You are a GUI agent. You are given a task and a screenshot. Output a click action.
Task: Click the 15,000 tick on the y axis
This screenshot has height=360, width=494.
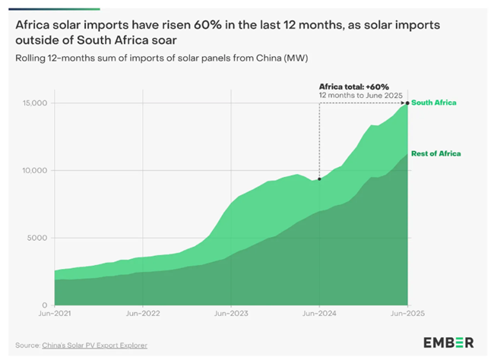pyautogui.click(x=35, y=103)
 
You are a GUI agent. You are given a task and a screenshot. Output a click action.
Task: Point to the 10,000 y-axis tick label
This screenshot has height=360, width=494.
pyautogui.click(x=35, y=171)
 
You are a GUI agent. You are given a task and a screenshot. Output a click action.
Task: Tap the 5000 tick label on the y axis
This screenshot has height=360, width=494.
pyautogui.click(x=38, y=238)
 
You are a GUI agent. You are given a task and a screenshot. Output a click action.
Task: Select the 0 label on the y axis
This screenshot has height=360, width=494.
pyautogui.click(x=46, y=305)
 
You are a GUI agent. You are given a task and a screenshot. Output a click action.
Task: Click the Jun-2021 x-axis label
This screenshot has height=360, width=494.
pyautogui.click(x=55, y=313)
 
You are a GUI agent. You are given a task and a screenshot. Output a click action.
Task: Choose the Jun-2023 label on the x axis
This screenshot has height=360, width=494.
pyautogui.click(x=231, y=313)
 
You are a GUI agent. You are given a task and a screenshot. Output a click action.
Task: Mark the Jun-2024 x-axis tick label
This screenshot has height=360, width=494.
pyautogui.click(x=319, y=313)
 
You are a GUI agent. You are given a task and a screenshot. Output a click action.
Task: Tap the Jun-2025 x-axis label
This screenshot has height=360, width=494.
pyautogui.click(x=407, y=313)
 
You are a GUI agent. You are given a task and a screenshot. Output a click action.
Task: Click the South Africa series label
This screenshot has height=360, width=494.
pyautogui.click(x=437, y=102)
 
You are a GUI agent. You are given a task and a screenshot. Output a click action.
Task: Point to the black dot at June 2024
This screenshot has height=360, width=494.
pyautogui.click(x=319, y=179)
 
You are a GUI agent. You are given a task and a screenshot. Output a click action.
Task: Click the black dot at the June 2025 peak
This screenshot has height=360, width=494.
pyautogui.click(x=408, y=103)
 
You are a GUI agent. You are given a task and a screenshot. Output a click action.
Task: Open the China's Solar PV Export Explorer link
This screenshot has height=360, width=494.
pyautogui.click(x=97, y=346)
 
